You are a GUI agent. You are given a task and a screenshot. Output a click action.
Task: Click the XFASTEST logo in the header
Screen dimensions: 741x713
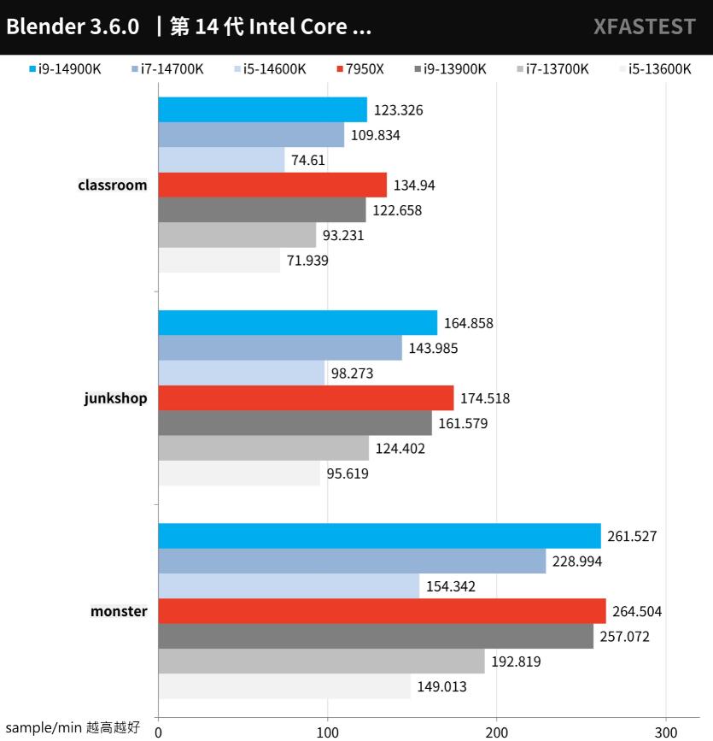point(645,26)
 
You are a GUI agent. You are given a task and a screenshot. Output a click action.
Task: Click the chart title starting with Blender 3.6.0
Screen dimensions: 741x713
point(189,26)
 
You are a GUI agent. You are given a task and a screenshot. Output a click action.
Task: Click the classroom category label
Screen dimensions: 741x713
point(112,185)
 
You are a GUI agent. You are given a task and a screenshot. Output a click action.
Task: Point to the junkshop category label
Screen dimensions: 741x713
point(115,397)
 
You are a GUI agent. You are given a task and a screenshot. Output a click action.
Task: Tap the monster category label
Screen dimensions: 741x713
point(119,611)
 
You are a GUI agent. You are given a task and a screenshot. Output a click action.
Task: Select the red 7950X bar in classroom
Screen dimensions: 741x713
point(272,185)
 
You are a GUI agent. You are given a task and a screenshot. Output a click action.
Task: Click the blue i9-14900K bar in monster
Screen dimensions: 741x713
point(379,536)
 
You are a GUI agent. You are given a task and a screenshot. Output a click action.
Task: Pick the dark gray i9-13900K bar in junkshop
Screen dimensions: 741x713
point(295,423)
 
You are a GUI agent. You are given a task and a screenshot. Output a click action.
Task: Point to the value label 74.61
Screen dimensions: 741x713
point(308,160)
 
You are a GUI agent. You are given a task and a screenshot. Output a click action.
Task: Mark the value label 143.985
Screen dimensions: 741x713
point(436,348)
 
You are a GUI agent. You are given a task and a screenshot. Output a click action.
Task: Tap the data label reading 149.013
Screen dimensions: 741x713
point(441,686)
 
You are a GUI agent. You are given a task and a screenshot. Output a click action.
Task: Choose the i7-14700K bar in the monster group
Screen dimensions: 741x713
point(352,561)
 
